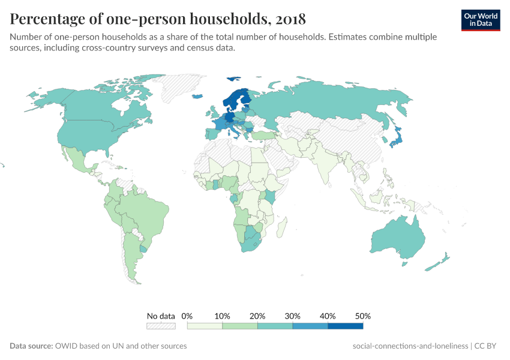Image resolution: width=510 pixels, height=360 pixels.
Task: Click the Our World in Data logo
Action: click(481, 20)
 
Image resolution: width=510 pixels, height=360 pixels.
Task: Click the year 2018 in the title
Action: click(291, 19)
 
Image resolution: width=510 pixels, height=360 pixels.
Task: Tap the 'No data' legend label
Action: click(161, 316)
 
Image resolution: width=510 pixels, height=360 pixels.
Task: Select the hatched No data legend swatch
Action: click(161, 326)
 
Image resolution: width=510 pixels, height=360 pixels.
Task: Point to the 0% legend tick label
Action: click(187, 316)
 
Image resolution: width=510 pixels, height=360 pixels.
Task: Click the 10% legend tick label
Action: click(222, 316)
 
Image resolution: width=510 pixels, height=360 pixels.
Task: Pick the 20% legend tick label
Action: click(257, 316)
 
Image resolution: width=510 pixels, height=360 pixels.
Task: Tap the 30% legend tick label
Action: click(293, 316)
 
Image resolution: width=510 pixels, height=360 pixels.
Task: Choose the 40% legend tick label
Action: click(328, 316)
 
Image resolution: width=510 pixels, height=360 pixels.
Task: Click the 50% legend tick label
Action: click(363, 316)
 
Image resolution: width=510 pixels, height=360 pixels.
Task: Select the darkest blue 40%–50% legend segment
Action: click(346, 326)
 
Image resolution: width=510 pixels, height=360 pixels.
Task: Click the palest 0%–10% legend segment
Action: click(205, 326)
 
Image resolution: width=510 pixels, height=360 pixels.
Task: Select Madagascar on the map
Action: click(283, 229)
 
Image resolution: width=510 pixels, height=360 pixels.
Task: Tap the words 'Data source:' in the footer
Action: click(31, 346)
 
